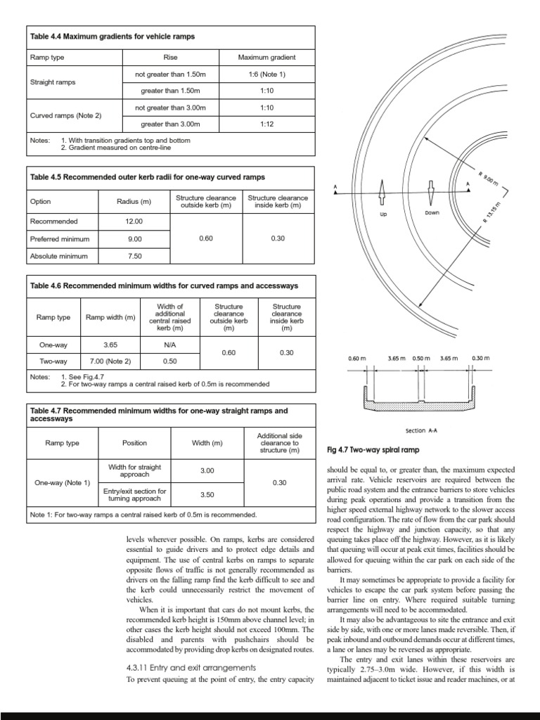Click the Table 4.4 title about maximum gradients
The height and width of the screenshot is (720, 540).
point(112,36)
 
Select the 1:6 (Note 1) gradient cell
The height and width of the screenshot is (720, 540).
point(266,74)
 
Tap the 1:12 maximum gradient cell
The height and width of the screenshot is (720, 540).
point(266,124)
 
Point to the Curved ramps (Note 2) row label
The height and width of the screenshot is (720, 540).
point(65,115)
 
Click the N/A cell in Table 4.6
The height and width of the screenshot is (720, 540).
point(170,345)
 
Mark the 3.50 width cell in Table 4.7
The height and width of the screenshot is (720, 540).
point(207,494)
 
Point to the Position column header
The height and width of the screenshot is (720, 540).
point(134,444)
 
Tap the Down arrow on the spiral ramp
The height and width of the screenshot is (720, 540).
point(431,193)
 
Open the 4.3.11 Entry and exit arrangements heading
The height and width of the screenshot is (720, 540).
point(189,667)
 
